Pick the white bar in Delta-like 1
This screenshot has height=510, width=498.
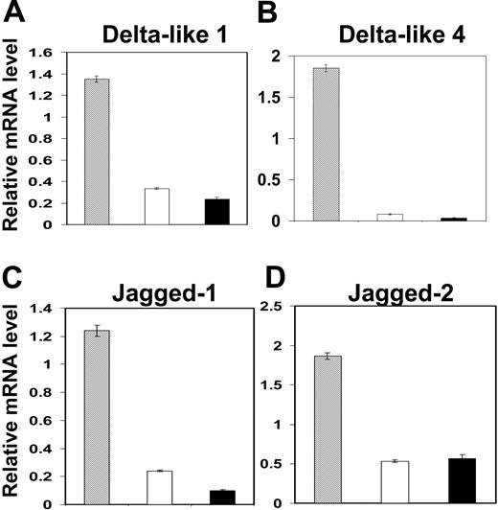pos(156,206)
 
